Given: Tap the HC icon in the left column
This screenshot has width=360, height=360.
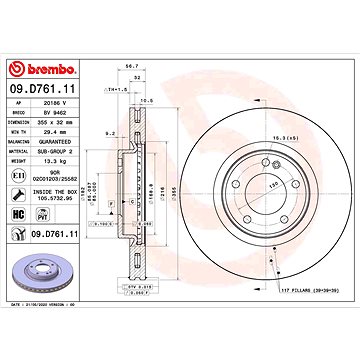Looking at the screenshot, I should (x=17, y=213).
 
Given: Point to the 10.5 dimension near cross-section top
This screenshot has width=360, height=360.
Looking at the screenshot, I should (x=144, y=102).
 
